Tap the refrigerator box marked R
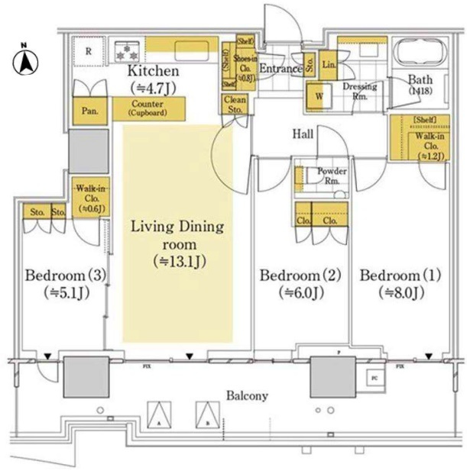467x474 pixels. pyautogui.click(x=89, y=53)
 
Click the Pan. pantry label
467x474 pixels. pyautogui.click(x=89, y=111)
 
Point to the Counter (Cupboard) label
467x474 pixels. pyautogui.click(x=150, y=108)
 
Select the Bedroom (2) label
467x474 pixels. pyautogui.click(x=291, y=282)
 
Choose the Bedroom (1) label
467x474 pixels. pyautogui.click(x=391, y=282)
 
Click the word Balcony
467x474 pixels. pyautogui.click(x=246, y=395)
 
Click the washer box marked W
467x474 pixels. pyautogui.click(x=318, y=96)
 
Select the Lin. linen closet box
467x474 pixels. pyautogui.click(x=329, y=63)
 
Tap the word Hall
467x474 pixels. pyautogui.click(x=303, y=134)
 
